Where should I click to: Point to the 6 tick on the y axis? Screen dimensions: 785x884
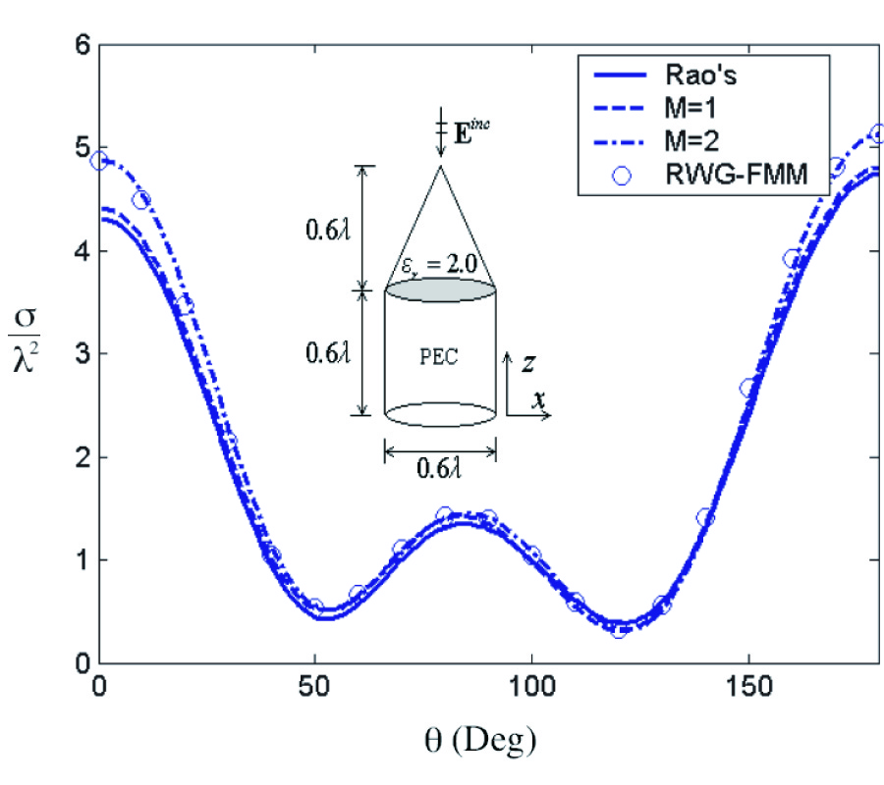pos(83,45)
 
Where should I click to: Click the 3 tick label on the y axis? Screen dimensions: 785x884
pos(83,354)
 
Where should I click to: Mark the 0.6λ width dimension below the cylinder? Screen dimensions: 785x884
pos(440,468)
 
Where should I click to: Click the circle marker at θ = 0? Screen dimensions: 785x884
pos(98,160)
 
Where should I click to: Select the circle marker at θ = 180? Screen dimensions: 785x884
pos(878,133)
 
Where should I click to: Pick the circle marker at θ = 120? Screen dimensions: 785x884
pos(619,629)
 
